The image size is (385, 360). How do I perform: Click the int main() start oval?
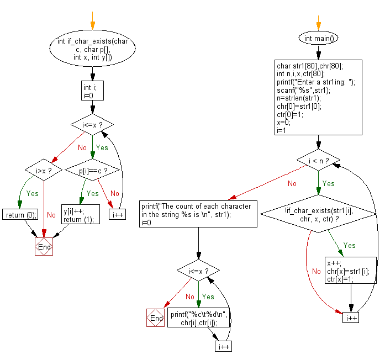click(319, 39)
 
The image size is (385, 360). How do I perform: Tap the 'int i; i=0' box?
click(92, 91)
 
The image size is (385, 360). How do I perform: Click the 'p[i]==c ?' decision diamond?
click(92, 171)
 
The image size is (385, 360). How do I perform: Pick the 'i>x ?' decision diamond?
click(44, 171)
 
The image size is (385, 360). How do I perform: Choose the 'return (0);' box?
click(20, 214)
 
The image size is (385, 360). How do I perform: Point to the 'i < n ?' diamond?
click(319, 161)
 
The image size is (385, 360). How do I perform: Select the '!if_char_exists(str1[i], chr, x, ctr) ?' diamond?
click(319, 215)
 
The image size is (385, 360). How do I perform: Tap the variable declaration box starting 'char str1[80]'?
click(319, 98)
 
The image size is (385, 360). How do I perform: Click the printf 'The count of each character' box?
click(198, 213)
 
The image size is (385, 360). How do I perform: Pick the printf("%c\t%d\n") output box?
click(198, 319)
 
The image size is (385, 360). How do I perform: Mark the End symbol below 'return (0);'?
click(44, 247)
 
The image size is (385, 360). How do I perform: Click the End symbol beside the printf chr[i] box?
click(156, 319)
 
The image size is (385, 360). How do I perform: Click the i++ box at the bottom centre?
click(223, 346)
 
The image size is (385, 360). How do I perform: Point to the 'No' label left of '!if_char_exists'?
click(316, 272)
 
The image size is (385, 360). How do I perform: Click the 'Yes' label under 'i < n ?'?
click(328, 183)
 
